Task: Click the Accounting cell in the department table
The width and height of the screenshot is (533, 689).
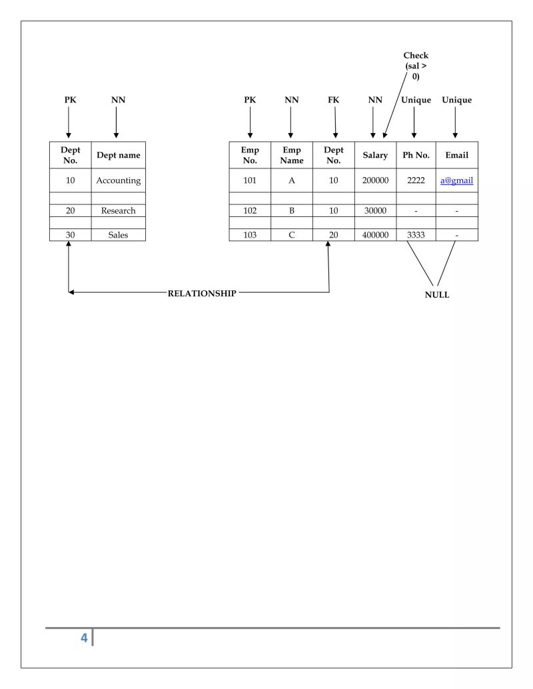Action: coord(118,180)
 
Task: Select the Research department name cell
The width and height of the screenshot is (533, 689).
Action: coord(118,210)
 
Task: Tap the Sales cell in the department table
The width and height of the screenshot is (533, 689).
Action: coord(118,235)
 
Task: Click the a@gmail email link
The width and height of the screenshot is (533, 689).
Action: coord(456,180)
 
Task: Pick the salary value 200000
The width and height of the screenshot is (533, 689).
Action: coord(375,180)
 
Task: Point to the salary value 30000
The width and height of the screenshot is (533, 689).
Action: coord(375,210)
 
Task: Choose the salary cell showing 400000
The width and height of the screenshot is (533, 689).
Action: coord(375,235)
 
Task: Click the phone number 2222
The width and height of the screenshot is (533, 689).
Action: coord(416,180)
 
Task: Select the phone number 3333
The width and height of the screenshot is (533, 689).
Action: coord(416,235)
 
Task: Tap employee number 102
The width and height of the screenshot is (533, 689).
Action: coord(250,210)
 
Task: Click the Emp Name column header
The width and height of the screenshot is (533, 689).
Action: coord(291,155)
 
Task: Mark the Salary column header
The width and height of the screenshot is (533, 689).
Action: coord(375,155)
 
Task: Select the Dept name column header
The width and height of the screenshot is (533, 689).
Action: coord(118,155)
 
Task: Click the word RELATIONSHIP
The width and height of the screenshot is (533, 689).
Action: coord(201,294)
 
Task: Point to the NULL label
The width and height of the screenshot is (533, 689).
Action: coord(437,295)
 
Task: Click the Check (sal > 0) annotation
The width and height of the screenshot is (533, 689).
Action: coord(416,66)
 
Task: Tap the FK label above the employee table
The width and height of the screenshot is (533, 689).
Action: coord(334,100)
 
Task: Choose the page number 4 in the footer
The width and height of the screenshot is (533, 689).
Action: coord(84,638)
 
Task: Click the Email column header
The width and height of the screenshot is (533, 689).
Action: coord(456,155)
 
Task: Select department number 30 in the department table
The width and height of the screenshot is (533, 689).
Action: coord(70,235)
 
